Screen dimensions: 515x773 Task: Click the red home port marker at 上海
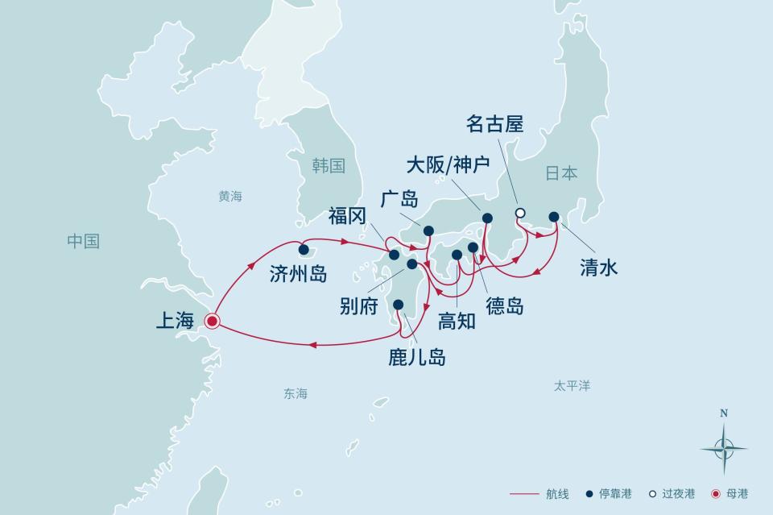212,322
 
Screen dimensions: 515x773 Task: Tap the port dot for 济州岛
304,250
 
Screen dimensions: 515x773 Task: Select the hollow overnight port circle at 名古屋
520,214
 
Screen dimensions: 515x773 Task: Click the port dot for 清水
554,217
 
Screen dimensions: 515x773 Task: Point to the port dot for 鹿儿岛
398,305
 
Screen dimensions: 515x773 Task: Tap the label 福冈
348,216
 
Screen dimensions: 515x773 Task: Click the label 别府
358,306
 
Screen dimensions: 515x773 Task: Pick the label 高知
457,321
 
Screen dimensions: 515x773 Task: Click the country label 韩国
329,166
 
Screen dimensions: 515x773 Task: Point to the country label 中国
83,241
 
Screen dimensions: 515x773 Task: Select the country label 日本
561,172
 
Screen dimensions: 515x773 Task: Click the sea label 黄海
229,196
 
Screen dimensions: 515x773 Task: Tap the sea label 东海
296,394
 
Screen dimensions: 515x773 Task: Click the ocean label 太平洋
572,386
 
